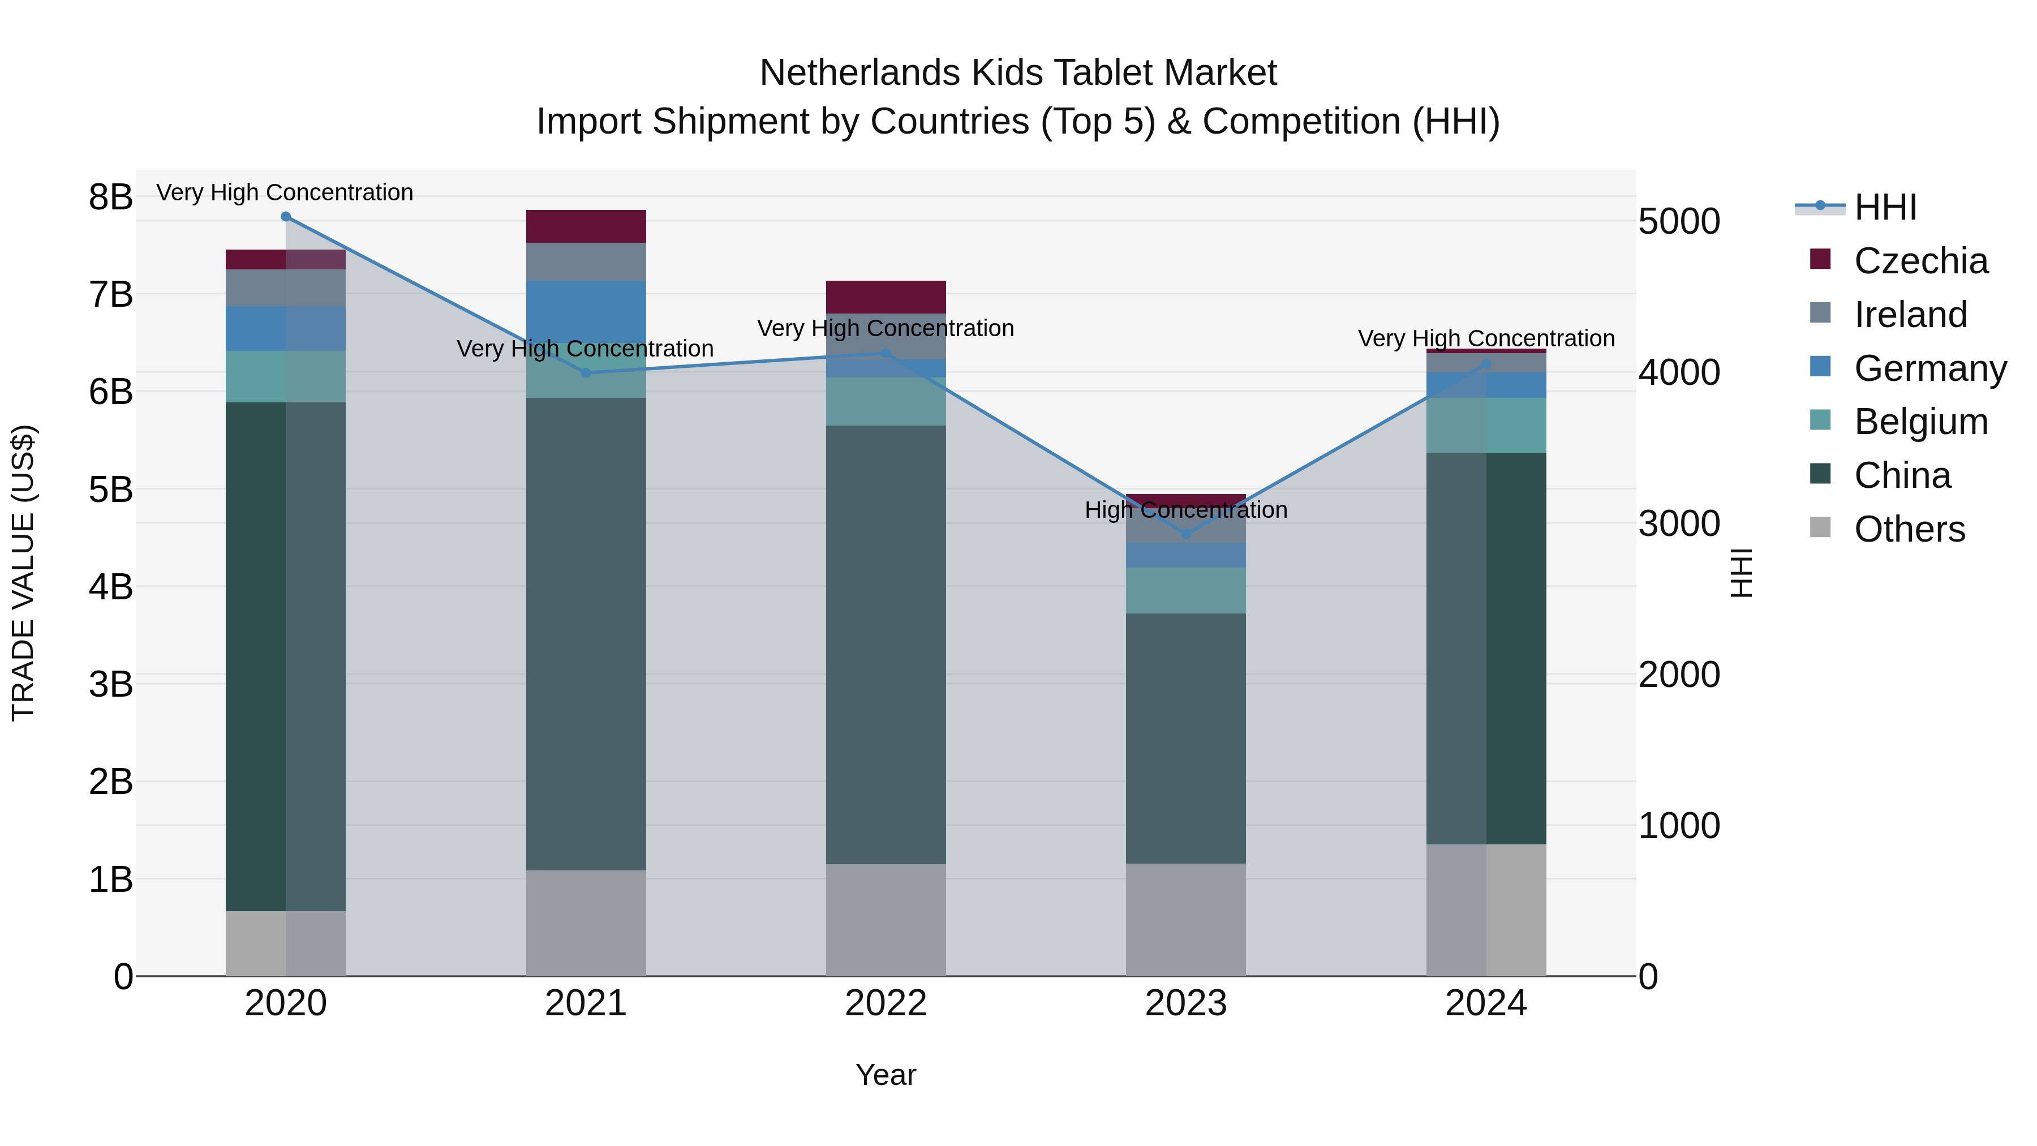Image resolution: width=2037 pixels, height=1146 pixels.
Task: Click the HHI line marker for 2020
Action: coord(286,217)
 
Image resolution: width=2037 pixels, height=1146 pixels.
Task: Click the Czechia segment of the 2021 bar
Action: coord(586,226)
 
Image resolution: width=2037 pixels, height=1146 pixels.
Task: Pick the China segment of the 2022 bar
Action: coord(886,645)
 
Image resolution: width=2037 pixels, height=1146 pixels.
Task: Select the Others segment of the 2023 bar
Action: coord(1185,919)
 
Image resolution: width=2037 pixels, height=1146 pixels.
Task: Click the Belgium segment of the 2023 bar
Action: coord(1185,590)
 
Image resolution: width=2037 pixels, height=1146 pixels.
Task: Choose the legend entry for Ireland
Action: coord(1909,315)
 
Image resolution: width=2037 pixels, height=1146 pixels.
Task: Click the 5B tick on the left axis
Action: coord(111,490)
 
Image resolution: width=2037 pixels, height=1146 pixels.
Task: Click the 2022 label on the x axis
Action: coord(886,1003)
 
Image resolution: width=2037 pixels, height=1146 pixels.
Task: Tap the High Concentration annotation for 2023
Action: coord(1185,510)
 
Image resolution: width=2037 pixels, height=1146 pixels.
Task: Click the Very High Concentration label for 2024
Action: coord(1486,338)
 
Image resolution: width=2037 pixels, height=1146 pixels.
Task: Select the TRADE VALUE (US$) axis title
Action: coord(24,573)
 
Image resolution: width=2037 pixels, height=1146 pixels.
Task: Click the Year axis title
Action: coord(886,1075)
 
